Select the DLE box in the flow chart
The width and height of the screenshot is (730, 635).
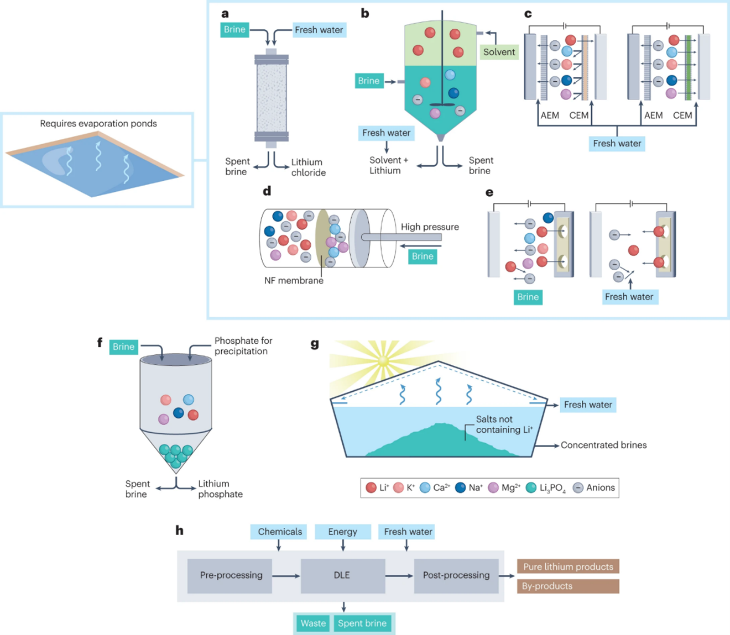[342, 575]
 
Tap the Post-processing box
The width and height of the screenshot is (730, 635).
[456, 575]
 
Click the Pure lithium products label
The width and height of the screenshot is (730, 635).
[568, 566]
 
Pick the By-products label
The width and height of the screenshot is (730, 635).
[568, 586]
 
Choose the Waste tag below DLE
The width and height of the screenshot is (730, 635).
[313, 623]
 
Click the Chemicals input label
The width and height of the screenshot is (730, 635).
[279, 532]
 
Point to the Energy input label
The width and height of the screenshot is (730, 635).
[342, 532]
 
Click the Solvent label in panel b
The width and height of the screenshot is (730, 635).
[499, 52]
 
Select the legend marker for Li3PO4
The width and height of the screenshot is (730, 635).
[531, 487]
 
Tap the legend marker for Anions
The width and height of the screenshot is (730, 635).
[578, 487]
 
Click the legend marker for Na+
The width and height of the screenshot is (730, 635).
[460, 487]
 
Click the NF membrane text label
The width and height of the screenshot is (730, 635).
[294, 281]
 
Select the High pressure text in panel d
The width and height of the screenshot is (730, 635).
[430, 227]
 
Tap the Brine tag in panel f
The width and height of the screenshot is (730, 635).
[123, 347]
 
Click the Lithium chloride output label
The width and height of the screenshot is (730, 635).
[308, 167]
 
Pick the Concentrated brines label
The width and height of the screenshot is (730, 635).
[603, 445]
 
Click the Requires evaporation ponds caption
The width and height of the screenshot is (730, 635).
[98, 124]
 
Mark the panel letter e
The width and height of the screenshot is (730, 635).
[489, 192]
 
